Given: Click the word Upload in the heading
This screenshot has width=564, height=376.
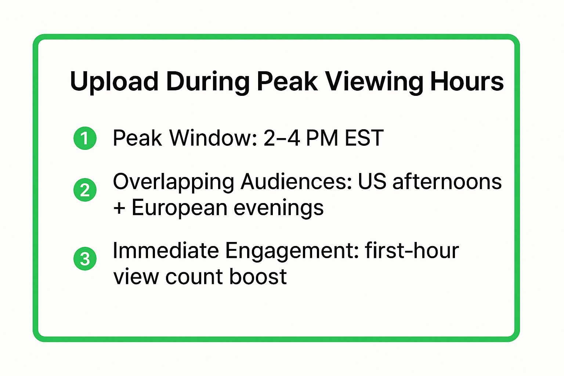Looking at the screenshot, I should click(114, 82).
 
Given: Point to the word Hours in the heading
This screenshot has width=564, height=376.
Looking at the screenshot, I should click(467, 82).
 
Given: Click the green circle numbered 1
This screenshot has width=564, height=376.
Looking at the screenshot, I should click(85, 138).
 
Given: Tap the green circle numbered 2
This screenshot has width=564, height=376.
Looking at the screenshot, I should click(85, 190).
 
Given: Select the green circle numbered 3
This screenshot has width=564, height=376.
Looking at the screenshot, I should click(85, 259).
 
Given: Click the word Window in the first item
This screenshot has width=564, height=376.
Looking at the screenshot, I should click(213, 138).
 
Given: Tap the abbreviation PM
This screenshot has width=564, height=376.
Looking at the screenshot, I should click(322, 138).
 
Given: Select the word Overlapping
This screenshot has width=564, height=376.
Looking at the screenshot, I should click(173, 182).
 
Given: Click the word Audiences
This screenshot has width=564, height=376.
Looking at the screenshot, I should click(296, 182).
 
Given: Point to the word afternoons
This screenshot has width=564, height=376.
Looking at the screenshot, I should click(447, 182).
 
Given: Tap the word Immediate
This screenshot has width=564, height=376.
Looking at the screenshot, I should click(165, 251).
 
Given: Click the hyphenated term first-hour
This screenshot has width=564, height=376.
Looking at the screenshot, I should click(412, 251).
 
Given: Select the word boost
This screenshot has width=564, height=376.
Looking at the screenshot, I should click(258, 277).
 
